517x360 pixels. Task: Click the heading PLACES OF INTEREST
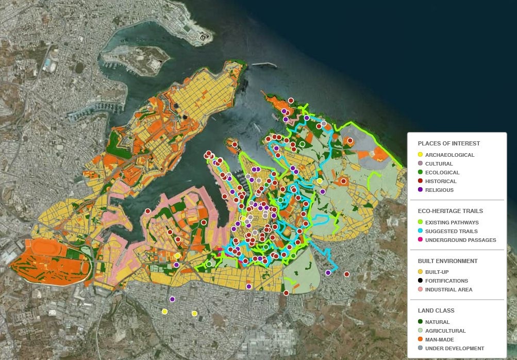point(448,143)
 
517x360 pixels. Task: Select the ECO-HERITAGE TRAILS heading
point(450,211)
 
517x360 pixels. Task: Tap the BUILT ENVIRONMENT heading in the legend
point(447,261)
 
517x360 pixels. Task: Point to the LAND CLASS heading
point(436,310)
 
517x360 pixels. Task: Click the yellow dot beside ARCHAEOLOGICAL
point(420,155)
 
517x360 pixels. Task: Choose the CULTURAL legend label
point(439,163)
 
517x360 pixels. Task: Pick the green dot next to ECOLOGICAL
point(420,172)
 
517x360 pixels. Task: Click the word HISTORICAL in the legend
point(441,181)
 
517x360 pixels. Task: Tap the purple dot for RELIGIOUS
point(420,190)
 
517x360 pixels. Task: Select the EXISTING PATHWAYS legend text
point(452,222)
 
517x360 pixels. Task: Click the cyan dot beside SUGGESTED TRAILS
point(420,231)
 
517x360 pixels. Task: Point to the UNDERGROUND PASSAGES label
point(460,240)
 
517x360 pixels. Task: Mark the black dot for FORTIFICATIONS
point(420,281)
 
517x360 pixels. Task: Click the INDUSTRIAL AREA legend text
point(448,289)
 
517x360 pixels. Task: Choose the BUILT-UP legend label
point(437,272)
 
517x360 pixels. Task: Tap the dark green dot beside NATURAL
point(420,322)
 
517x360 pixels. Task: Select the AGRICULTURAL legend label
point(445,331)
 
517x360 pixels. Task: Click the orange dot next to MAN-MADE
point(420,339)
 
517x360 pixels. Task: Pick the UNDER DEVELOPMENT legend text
point(455,348)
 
